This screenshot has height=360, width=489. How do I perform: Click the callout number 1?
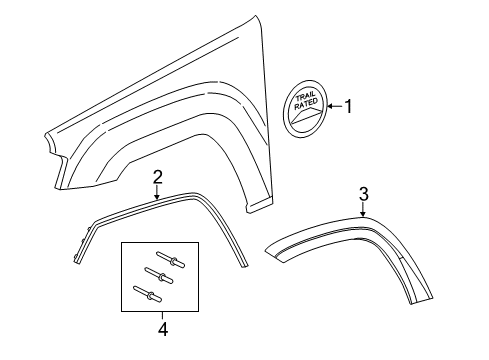pyautogui.click(x=349, y=105)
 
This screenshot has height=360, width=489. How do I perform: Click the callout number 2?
pyautogui.click(x=157, y=178)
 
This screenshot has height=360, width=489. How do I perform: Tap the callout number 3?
pyautogui.click(x=364, y=193)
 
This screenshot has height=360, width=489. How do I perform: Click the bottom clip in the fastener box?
pyautogui.click(x=146, y=293)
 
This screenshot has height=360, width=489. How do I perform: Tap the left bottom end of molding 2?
pyautogui.click(x=77, y=262)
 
